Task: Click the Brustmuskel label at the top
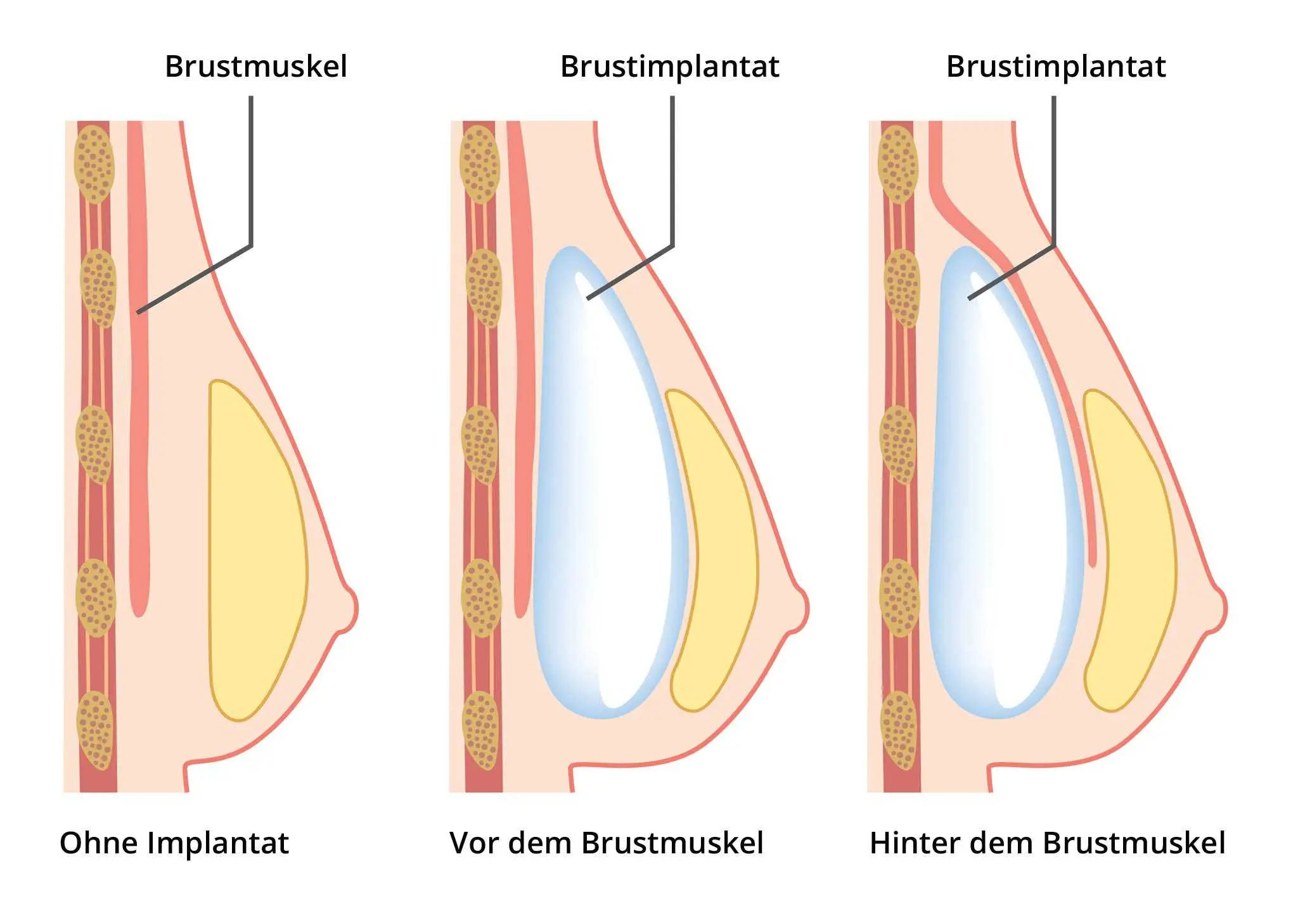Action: click(256, 67)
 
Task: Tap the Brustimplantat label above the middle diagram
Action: click(669, 67)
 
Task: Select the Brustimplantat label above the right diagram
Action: click(1055, 67)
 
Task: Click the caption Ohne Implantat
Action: click(174, 843)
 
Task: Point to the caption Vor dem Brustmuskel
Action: click(606, 843)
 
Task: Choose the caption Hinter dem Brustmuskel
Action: click(1047, 843)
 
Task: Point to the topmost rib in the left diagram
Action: click(94, 164)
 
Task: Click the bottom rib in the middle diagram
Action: click(482, 730)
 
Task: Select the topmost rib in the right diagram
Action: click(897, 164)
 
